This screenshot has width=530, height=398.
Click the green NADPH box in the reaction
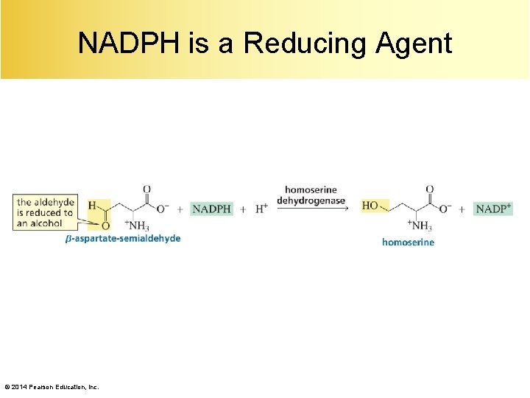pos(211,209)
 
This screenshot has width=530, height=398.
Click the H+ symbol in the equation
pos(261,209)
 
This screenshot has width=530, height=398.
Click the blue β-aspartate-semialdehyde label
pos(123,238)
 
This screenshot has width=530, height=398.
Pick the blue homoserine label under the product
pos(408,242)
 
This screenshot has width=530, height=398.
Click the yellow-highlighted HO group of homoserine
pos(372,205)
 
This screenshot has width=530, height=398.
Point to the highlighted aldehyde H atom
pos(92,204)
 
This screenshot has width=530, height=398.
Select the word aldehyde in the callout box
pos(52,202)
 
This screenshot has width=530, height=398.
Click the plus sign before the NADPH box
pos(180,209)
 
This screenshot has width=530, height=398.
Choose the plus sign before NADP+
pos(462,209)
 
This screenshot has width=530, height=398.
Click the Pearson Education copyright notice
pos(52,387)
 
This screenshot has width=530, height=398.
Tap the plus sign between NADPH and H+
pos(243,209)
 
